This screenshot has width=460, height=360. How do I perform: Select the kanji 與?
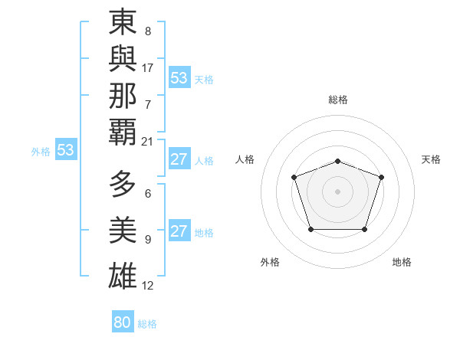pos(123,58)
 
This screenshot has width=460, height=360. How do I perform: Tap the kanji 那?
pos(123,95)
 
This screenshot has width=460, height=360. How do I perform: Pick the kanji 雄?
pos(123,275)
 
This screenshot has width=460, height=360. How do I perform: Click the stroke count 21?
pos(147,141)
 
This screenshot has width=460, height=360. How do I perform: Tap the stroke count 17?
pos(148,67)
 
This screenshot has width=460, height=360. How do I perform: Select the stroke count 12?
pos(148,286)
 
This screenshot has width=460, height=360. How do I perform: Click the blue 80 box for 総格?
pos(122,322)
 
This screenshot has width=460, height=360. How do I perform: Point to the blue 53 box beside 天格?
pos(179,78)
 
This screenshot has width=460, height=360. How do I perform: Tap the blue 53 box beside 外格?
pos(66,150)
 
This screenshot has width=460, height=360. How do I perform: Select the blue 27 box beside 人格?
pos(179,159)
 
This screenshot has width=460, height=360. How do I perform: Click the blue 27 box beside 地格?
pos(179,231)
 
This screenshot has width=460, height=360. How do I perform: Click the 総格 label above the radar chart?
pos(337,100)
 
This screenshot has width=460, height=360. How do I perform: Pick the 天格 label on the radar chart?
pos(431,159)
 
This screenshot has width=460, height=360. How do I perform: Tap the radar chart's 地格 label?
pos(402,262)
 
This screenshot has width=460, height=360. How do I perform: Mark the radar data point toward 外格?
pos(310,229)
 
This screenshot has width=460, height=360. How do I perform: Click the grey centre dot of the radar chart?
pos(337,191)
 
